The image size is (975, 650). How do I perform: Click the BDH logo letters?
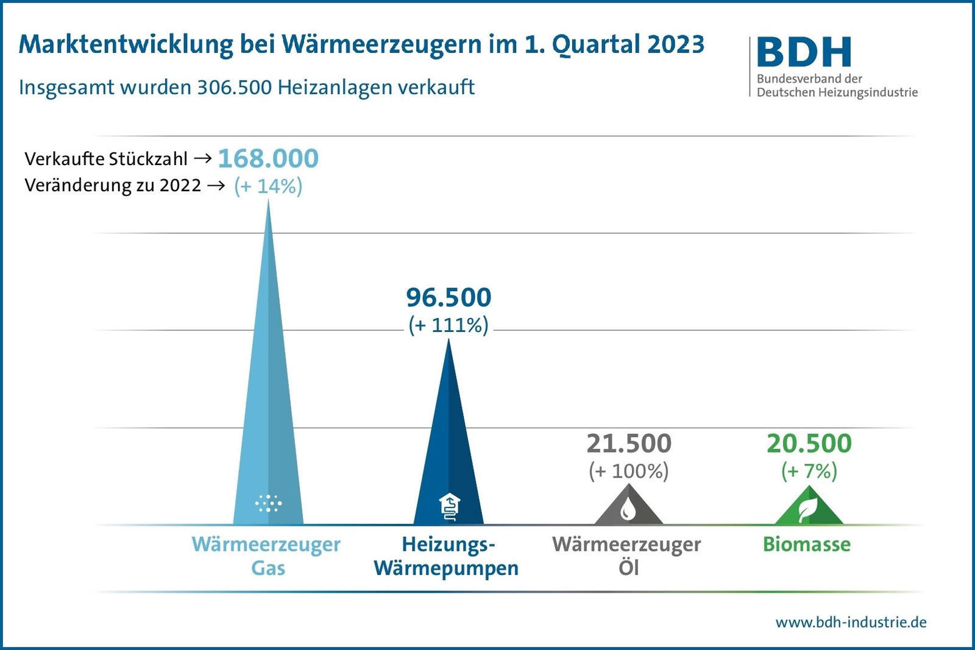pos(804,52)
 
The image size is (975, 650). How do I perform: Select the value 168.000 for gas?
pos(268,159)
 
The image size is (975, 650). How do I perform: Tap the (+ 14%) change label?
pos(268,186)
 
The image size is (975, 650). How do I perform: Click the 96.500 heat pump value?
pos(448,298)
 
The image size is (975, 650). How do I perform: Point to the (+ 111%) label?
pos(448,325)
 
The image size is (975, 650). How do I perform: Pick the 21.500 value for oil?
pos(629,443)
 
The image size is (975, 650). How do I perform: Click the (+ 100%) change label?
pos(629,471)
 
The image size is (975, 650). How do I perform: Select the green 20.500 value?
pos(809,443)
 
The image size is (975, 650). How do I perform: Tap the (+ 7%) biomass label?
pos(809,471)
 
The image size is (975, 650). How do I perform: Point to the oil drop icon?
pos(628,509)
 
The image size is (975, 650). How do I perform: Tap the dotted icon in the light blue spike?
pos(268,503)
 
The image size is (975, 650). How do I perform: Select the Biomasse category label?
pos(806,544)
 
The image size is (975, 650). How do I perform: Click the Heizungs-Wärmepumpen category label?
pos(447,556)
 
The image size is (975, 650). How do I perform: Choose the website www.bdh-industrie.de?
pos(851,623)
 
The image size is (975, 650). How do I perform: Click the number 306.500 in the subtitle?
pos(234,88)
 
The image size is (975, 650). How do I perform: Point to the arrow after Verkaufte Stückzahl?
pos(203,158)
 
